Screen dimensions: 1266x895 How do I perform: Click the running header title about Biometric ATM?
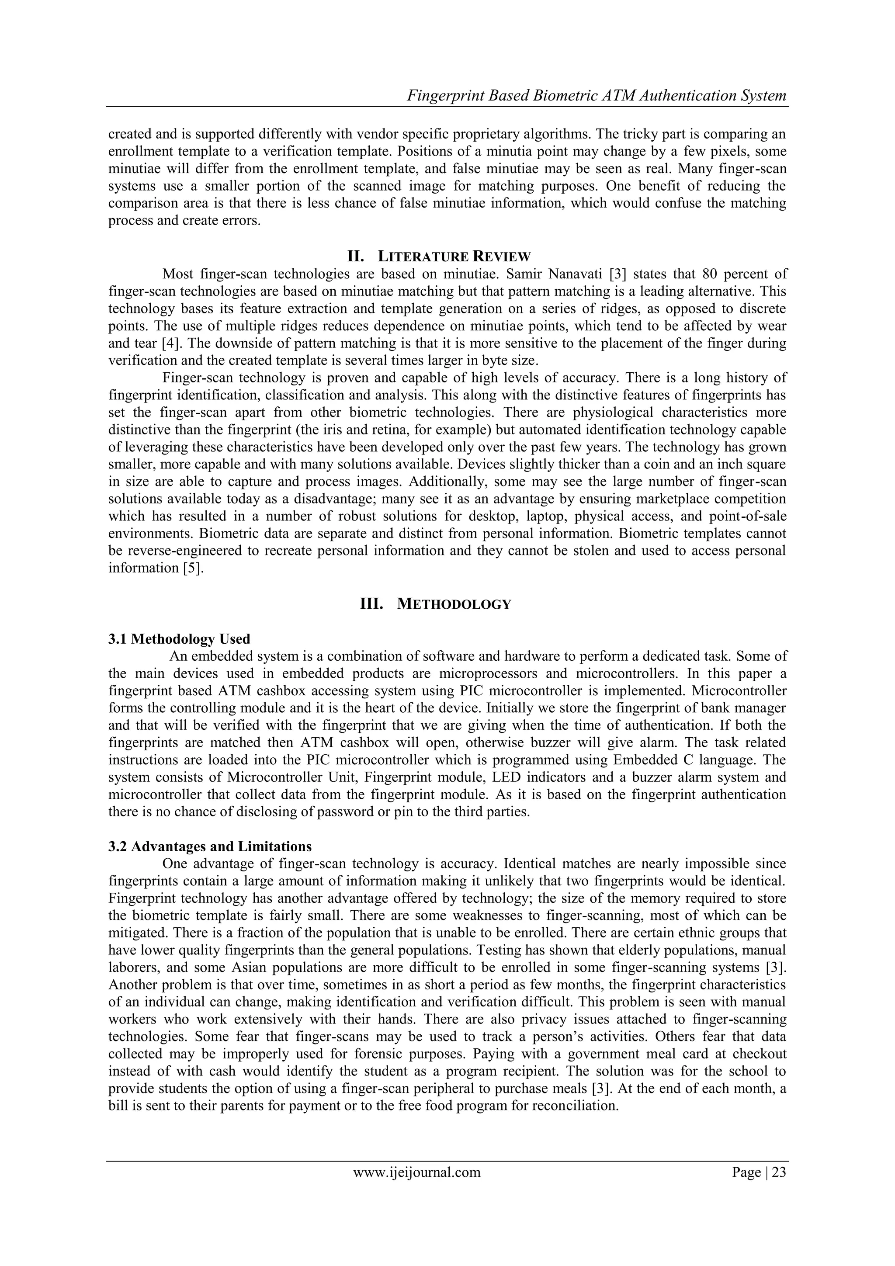[x=597, y=96]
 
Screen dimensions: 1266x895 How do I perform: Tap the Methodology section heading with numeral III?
[x=435, y=604]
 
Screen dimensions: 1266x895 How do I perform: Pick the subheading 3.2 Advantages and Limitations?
[x=210, y=846]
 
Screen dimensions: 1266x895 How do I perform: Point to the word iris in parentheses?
[x=391, y=430]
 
